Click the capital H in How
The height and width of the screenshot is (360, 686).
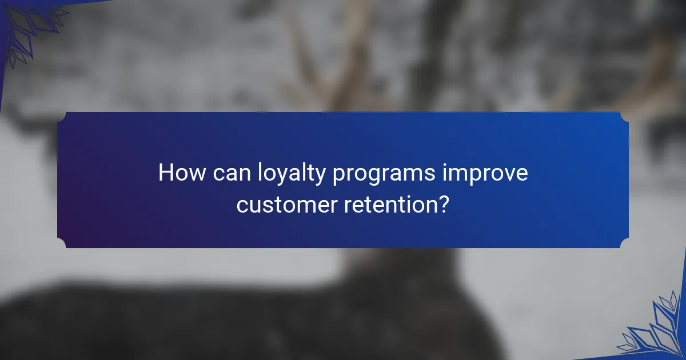pos(165,173)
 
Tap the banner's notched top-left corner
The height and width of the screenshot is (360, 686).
pos(61,116)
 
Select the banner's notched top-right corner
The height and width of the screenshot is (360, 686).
pos(625,116)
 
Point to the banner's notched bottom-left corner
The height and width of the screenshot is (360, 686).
pos(61,244)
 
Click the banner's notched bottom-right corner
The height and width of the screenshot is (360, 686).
pos(625,244)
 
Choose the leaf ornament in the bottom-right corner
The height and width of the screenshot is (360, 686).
pos(655,329)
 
